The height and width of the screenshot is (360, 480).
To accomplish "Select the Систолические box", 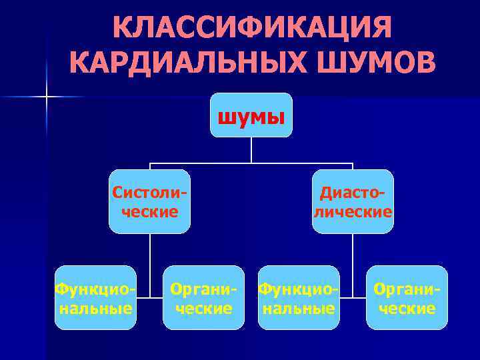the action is point(149,201).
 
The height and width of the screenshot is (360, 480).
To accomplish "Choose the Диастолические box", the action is point(353,201).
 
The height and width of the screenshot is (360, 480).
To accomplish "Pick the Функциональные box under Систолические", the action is point(95,297).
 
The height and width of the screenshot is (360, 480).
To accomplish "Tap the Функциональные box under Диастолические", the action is point(299,297).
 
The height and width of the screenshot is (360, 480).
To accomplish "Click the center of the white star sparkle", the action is point(47,97).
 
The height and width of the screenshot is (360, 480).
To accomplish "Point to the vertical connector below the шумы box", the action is point(251,150).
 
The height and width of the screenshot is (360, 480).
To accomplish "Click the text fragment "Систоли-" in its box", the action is point(149,193).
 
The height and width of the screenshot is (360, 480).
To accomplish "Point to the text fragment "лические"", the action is point(353,211).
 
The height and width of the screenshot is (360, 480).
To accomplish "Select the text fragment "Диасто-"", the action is point(353,193).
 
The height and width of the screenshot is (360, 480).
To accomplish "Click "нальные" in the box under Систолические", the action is point(95,308).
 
